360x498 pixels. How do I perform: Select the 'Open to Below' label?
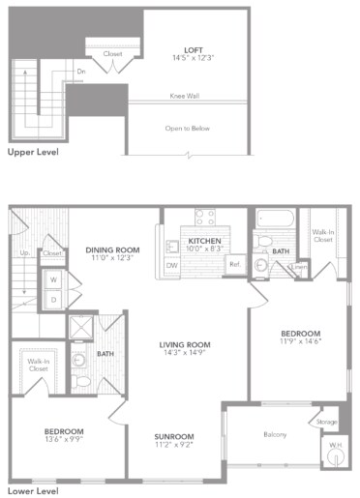click(x=186, y=128)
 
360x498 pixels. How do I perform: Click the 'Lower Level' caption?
click(x=33, y=491)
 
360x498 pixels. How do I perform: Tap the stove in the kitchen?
click(x=205, y=218)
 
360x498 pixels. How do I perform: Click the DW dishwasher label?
click(x=171, y=264)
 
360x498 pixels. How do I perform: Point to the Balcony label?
click(x=274, y=434)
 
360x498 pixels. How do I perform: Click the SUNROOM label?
click(x=174, y=436)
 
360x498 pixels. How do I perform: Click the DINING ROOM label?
click(x=113, y=249)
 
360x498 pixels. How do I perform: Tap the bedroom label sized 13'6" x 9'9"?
click(x=63, y=430)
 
